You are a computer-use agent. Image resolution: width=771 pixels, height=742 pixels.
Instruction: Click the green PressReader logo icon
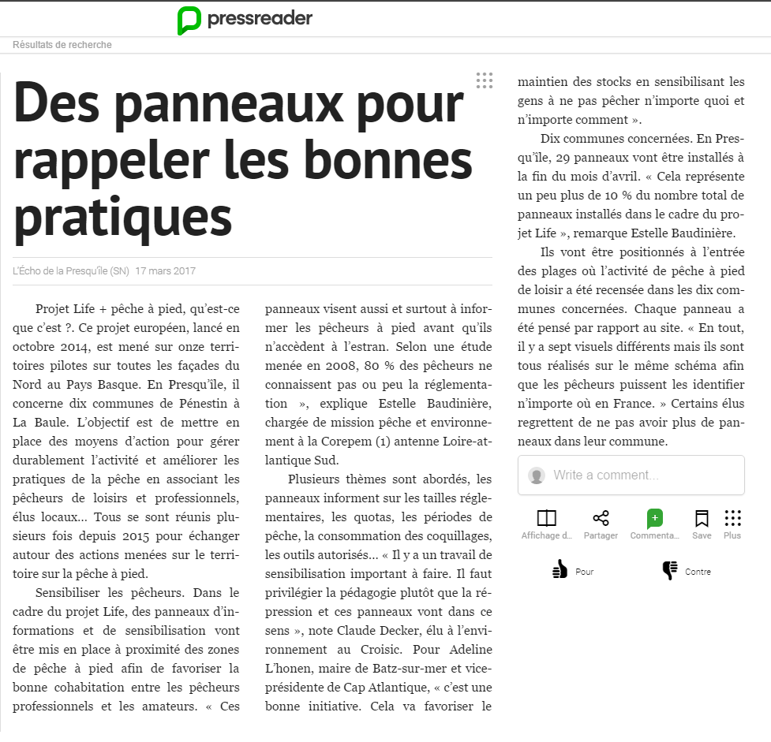(x=189, y=20)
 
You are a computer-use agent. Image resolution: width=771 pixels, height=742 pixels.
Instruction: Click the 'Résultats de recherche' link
(x=62, y=45)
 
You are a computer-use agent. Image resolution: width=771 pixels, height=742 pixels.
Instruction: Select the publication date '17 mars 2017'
(x=166, y=271)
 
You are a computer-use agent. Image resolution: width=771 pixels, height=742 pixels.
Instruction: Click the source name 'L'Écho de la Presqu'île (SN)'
(x=71, y=271)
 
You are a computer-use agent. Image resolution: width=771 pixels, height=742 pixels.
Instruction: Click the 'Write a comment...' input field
(x=631, y=475)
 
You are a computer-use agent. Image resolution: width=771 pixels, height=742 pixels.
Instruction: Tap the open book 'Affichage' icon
(x=546, y=518)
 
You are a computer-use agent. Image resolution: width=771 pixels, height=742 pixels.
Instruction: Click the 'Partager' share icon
(x=601, y=518)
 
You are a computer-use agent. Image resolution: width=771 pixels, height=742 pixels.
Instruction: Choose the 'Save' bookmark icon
(x=702, y=518)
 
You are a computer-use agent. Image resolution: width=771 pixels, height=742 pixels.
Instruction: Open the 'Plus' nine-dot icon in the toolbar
(x=732, y=518)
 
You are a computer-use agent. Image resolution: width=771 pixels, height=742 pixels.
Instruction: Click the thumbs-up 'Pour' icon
(x=560, y=570)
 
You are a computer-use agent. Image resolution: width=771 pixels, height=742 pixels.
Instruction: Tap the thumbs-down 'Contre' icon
(x=670, y=570)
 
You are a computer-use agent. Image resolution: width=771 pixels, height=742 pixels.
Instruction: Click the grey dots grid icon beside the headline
(x=484, y=80)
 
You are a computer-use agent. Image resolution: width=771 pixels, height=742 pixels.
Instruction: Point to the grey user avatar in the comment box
(x=537, y=475)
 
